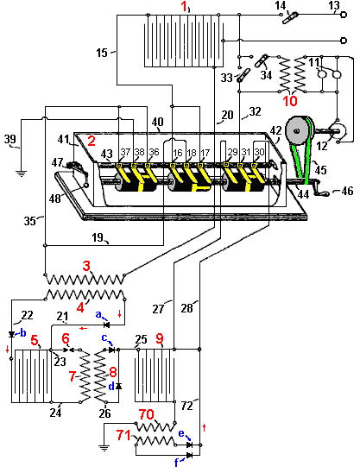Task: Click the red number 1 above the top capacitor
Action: pyautogui.click(x=184, y=7)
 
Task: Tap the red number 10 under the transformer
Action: pyautogui.click(x=290, y=101)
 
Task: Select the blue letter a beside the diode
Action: pyautogui.click(x=98, y=314)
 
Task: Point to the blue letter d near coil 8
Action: pyautogui.click(x=111, y=387)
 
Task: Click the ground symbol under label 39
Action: pyautogui.click(x=21, y=173)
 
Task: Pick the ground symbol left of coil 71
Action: pyautogui.click(x=104, y=448)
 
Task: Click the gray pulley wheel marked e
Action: pyautogui.click(x=298, y=130)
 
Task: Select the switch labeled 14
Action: pyautogui.click(x=290, y=17)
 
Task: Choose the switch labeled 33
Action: pyautogui.click(x=243, y=75)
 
